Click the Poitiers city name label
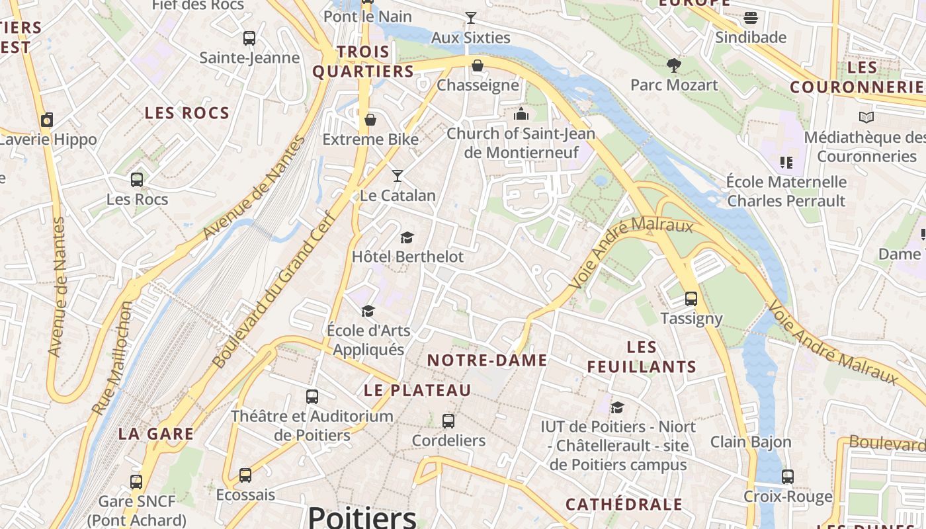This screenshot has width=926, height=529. click(x=362, y=516)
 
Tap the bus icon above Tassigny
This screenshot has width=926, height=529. click(x=691, y=298)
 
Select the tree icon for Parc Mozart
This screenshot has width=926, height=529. click(x=674, y=65)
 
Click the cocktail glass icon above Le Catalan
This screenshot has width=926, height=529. click(x=398, y=175)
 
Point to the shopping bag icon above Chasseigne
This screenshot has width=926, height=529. click(x=478, y=65)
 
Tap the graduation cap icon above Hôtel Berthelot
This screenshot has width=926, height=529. click(x=407, y=237)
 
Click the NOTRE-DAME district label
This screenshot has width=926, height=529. click(x=487, y=360)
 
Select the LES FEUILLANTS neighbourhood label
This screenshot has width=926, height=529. click(x=642, y=357)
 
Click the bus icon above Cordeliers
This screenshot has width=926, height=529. click(x=448, y=421)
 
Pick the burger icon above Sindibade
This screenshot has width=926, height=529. click(x=751, y=17)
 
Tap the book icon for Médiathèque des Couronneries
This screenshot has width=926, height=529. click(x=866, y=117)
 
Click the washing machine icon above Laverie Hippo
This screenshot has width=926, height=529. click(x=47, y=120)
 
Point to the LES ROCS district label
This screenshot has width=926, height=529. click(x=187, y=113)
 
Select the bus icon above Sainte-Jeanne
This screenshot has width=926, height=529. click(x=249, y=38)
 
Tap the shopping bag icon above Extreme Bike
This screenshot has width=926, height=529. click(x=370, y=120)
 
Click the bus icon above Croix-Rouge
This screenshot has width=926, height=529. click(x=788, y=476)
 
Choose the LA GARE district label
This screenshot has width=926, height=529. click(x=156, y=434)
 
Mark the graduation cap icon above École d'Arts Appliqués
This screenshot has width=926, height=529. click(x=368, y=310)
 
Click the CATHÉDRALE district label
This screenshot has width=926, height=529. click(x=624, y=505)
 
